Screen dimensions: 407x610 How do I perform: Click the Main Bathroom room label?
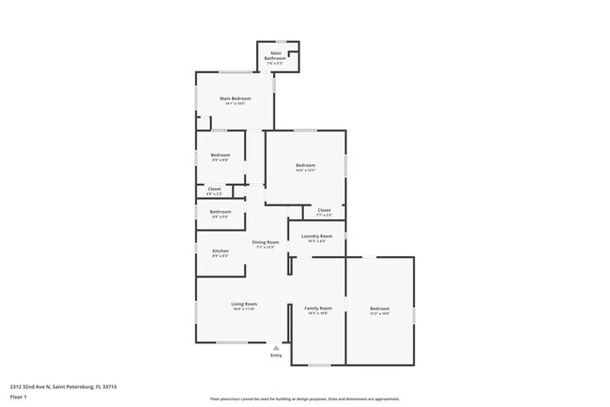tap(276, 55)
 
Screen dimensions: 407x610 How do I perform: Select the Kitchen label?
tap(221, 251)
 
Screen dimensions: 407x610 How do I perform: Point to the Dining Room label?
tap(266, 242)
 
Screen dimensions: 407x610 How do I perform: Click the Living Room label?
tap(244, 304)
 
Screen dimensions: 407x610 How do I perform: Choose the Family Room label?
tap(319, 309)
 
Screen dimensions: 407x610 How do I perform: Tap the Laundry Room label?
tap(317, 236)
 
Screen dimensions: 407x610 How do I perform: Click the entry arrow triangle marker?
tap(276, 347)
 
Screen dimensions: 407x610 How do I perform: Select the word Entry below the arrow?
tap(276, 355)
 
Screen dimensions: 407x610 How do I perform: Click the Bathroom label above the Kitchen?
tap(221, 212)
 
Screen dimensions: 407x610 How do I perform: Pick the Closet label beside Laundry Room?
tap(324, 210)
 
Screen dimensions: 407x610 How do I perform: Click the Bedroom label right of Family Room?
tap(379, 309)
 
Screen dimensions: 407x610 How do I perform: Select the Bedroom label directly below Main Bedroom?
tap(221, 155)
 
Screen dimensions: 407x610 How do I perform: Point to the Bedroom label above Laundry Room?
tap(305, 166)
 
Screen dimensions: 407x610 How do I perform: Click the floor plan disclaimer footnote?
tap(304, 398)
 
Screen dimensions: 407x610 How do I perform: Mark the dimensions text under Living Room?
tap(244, 309)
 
